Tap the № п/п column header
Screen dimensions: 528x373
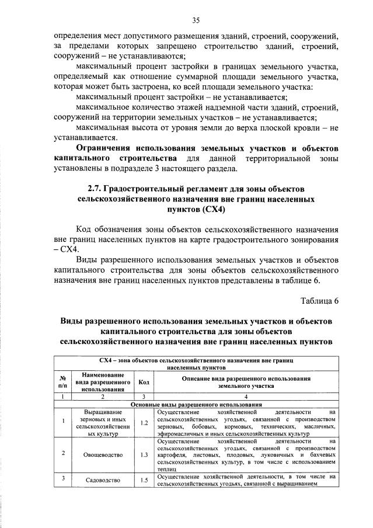click(x=62, y=382)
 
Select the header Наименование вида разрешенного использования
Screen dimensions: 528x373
click(x=102, y=382)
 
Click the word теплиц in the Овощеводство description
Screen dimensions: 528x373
click(x=166, y=468)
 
